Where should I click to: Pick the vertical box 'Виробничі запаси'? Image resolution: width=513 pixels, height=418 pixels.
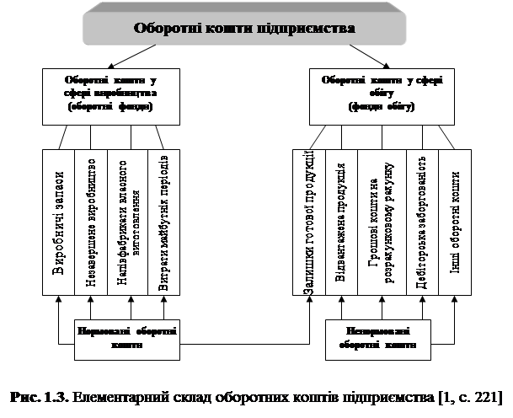point(58,222)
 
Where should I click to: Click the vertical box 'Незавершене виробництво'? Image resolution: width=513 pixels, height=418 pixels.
point(91,222)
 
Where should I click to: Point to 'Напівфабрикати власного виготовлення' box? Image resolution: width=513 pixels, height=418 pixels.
point(127,222)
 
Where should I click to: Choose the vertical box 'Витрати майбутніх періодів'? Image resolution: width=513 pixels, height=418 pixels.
point(163,222)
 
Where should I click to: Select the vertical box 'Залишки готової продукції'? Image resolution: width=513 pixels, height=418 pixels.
point(308,222)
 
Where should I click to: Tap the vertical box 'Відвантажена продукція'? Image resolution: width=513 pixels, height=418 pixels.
point(341,222)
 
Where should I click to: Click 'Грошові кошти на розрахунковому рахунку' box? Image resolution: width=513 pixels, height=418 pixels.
point(382,222)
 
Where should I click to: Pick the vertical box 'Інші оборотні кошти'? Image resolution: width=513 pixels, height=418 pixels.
point(455,222)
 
